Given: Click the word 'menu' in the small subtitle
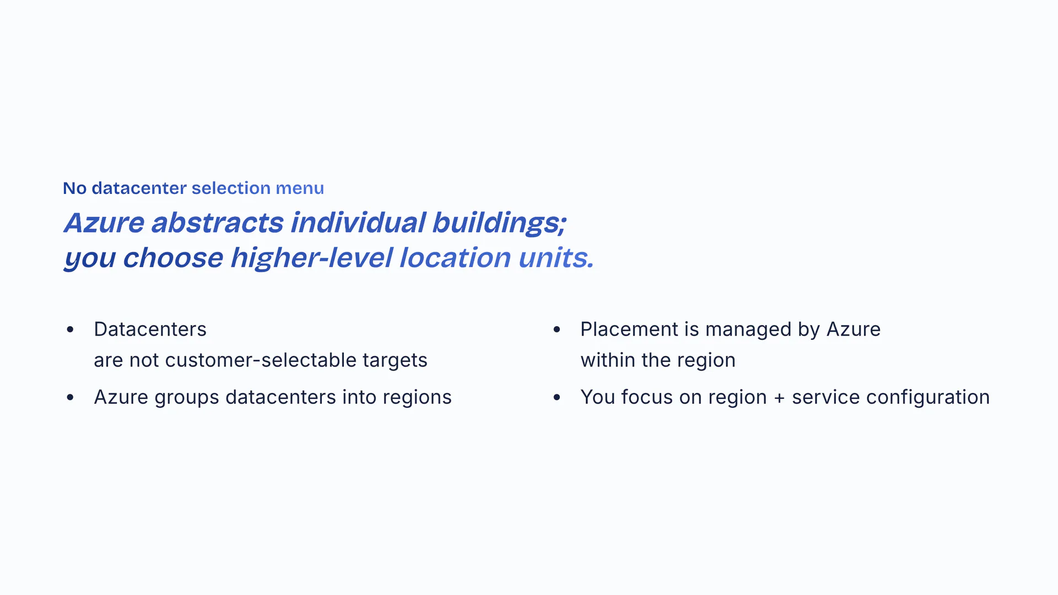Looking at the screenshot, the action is tap(300, 188).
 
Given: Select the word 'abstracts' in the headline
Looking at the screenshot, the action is tap(217, 223).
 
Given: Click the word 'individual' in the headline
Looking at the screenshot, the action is tap(358, 223).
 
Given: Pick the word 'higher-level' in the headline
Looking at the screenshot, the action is tap(311, 258).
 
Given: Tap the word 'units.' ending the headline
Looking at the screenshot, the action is tap(556, 258).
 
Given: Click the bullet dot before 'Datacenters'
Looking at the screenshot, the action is tap(70, 329).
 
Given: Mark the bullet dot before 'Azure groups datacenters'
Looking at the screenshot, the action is tap(70, 397).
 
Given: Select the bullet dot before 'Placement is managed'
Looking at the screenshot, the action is tap(557, 329).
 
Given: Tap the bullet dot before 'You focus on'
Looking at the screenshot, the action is tap(557, 397).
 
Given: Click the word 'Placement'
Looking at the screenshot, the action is tap(629, 329).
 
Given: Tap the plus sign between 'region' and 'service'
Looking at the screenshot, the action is tap(779, 398).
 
